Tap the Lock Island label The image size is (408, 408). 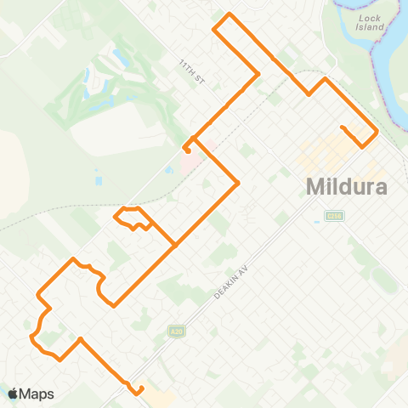pos(371,21)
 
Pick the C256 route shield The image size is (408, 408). pos(333,216)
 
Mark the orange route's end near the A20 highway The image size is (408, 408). pos(141,388)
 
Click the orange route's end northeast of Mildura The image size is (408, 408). pos(342,128)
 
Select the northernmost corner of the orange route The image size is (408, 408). pos(228,15)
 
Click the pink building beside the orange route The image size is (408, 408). pos(190,157)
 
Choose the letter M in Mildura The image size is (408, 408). pos(313,186)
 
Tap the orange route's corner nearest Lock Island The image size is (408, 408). pos(325,79)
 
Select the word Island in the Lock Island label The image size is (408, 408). pos(371,27)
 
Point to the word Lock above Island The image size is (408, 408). pos(371,16)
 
